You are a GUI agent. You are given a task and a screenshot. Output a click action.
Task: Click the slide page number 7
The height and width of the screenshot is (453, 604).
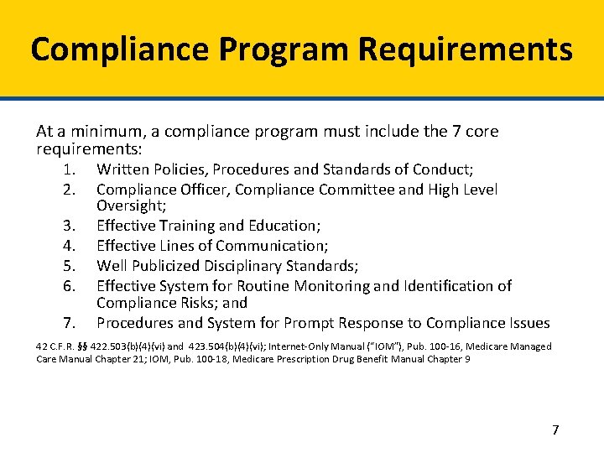[x=555, y=430]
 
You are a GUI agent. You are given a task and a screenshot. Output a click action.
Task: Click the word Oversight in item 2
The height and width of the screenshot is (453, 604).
[x=129, y=206]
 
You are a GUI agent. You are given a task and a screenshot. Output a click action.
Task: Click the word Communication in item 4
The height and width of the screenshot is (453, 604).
[x=271, y=246]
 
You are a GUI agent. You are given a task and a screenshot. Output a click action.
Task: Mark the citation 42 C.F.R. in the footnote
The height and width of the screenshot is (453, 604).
[x=54, y=346]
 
